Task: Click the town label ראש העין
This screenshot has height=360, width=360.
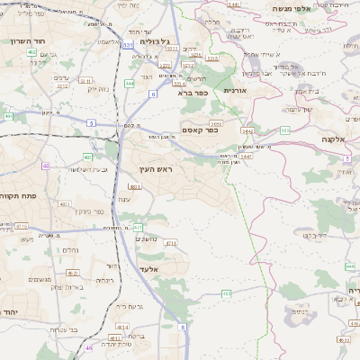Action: coord(156,169)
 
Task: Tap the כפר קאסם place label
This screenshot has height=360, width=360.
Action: coord(199,130)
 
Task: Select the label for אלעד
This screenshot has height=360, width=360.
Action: coord(148,269)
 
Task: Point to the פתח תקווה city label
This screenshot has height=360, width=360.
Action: coord(19,196)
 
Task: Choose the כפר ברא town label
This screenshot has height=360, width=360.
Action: coord(193,92)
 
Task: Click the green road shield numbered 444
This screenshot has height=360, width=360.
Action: coord(130,83)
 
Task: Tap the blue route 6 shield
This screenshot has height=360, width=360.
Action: coord(153,94)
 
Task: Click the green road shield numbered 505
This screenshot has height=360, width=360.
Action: coord(284,130)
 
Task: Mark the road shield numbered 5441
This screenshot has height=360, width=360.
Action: coord(233,4)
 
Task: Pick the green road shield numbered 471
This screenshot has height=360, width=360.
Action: coord(138,227)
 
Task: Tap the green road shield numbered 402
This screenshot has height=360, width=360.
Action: coord(31,53)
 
